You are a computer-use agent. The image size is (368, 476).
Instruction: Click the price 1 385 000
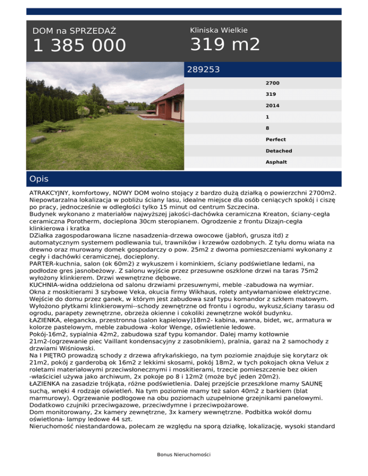79,46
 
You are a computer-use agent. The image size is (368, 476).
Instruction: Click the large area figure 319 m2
225,45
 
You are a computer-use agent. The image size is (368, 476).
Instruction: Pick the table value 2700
273,83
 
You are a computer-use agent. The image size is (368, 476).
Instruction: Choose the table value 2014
273,106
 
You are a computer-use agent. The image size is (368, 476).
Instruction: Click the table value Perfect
276,139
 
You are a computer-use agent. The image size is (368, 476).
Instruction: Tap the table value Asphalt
276,162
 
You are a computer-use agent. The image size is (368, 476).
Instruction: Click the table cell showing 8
267,128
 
